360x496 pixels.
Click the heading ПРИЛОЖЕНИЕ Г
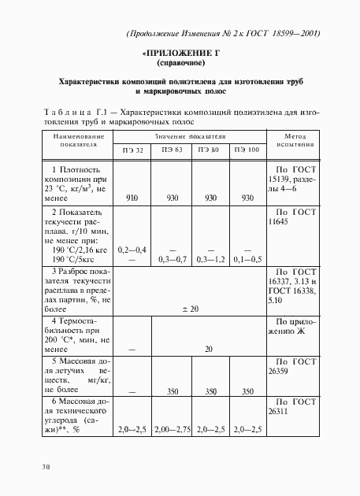[180, 53]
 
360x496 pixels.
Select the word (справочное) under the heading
[180, 62]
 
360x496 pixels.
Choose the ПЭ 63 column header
[173, 150]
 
